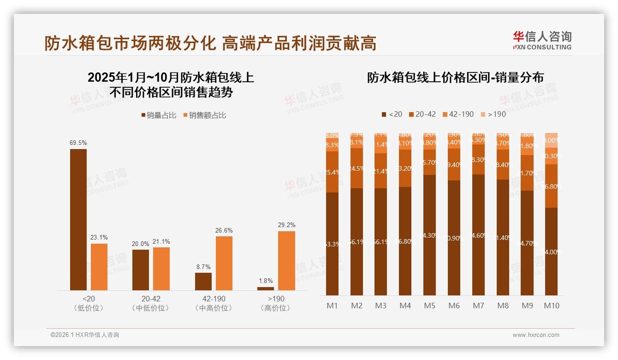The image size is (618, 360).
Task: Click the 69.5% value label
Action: pyautogui.click(x=78, y=143)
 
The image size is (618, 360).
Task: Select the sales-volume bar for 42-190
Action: pyautogui.click(x=203, y=282)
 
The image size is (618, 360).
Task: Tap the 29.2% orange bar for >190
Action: pyautogui.click(x=286, y=261)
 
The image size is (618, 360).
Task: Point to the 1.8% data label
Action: pyautogui.click(x=266, y=281)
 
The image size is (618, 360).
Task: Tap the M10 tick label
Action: pyautogui.click(x=551, y=306)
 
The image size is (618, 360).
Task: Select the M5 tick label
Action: pyautogui.click(x=429, y=306)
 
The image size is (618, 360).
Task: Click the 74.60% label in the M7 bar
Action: pyautogui.click(x=478, y=235)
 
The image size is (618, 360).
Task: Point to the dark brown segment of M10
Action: pyautogui.click(x=551, y=252)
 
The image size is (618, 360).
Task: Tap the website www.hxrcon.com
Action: pyautogui.click(x=535, y=335)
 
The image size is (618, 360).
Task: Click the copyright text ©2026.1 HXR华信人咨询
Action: pyautogui.click(x=85, y=335)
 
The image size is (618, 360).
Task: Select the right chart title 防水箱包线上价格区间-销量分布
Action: pyautogui.click(x=455, y=78)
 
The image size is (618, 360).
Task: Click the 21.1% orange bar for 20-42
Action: pyautogui.click(x=161, y=269)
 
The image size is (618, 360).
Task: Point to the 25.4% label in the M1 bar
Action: pyautogui.click(x=333, y=172)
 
